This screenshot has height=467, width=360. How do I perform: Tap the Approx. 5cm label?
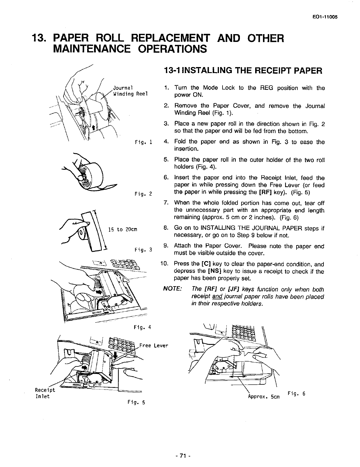pos(264,397)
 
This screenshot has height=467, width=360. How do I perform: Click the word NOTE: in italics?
pos(172,289)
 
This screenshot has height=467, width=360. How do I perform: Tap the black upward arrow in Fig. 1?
pos(94,128)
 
